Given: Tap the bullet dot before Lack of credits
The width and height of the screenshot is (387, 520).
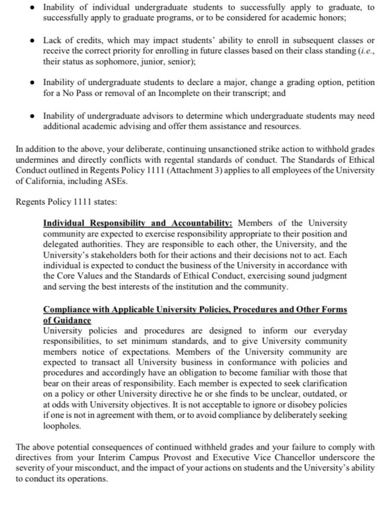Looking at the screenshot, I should click(32, 41).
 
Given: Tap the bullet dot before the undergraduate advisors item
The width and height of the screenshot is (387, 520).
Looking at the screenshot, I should click(32, 116).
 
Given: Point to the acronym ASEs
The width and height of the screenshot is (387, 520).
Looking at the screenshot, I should click(115, 181).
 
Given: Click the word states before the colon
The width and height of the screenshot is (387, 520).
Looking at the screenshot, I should click(105, 202).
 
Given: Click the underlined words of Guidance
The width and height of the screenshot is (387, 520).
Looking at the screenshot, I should click(67, 320).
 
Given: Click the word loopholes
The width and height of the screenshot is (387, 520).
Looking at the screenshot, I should click(62, 426).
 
